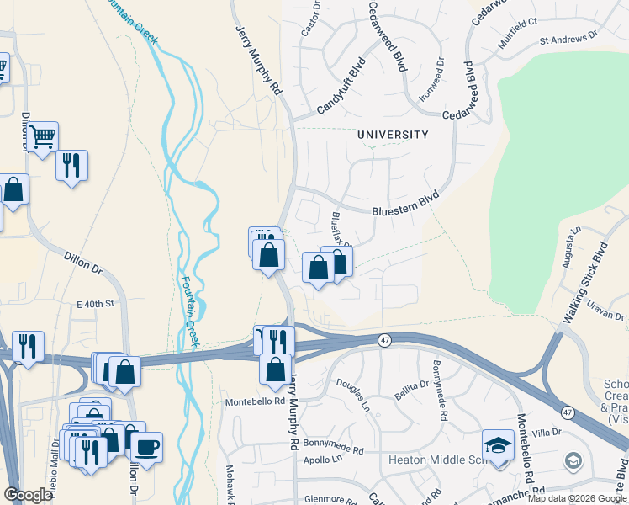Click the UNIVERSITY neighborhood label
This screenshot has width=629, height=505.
pos(393,135)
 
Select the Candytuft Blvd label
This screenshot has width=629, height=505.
pos(341,87)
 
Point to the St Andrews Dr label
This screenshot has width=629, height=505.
pos(568,38)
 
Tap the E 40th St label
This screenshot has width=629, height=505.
pos(94,303)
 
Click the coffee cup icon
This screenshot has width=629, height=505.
pos(146,446)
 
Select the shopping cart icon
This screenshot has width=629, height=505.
pos(42,136)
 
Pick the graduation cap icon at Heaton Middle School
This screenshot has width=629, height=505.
pos(498,444)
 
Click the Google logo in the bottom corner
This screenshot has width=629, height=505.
pos(28,495)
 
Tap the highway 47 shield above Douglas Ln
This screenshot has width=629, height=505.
pos(383,338)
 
